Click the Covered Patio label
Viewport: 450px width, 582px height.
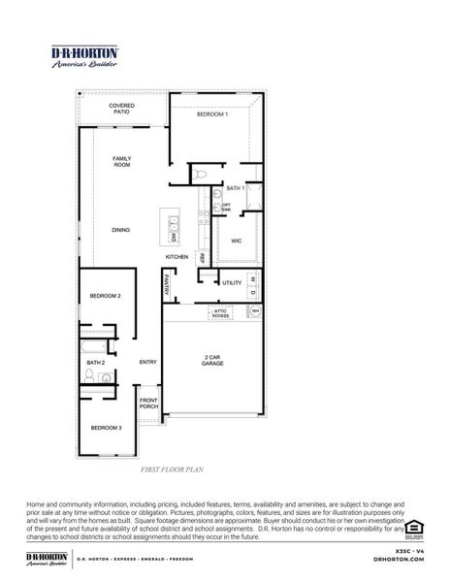121,110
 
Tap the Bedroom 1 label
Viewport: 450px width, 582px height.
212,114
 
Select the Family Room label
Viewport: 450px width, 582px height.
121,162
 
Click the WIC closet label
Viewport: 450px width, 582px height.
236,240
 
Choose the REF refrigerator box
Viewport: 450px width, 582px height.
202,257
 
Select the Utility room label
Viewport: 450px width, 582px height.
231,282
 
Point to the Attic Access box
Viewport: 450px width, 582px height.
221,314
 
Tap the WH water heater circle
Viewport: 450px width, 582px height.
255,311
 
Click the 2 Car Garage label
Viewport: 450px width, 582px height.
213,360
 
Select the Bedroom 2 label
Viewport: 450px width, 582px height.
106,295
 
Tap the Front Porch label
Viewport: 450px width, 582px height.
148,404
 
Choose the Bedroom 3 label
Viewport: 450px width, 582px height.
107,428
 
